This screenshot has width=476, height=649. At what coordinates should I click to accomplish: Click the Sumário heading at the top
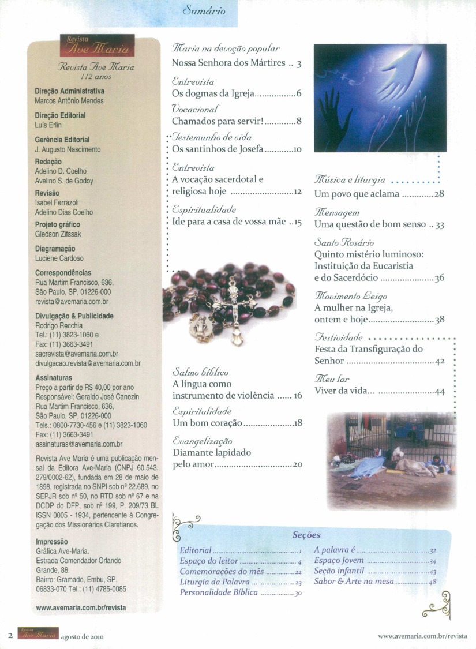click(203, 11)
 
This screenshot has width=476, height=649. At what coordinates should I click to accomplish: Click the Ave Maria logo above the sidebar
click(97, 45)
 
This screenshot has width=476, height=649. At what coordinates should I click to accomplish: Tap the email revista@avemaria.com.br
click(72, 301)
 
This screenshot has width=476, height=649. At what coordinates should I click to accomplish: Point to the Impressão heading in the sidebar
click(52, 542)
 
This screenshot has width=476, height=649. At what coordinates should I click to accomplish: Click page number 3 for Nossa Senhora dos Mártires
click(299, 63)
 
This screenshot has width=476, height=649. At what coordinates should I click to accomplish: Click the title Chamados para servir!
click(218, 121)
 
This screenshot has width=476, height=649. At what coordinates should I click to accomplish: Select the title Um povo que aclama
click(357, 194)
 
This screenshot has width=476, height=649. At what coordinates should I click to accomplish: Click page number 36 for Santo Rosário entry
click(439, 278)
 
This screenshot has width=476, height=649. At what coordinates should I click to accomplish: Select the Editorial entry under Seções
click(196, 550)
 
